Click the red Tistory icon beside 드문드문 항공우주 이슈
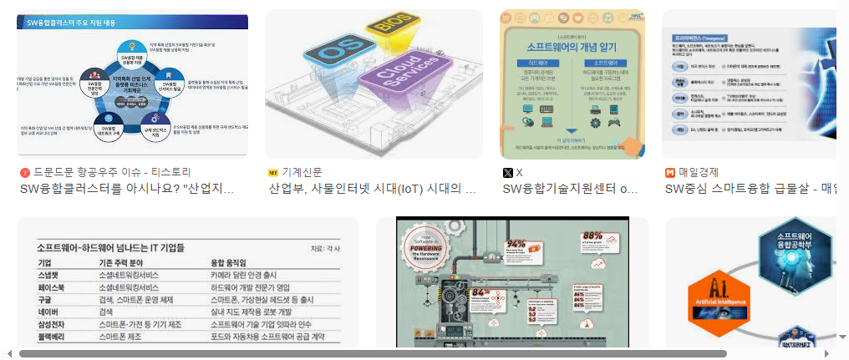[x=24, y=172]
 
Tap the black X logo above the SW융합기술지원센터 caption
[x=506, y=172]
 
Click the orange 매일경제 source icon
[x=669, y=172]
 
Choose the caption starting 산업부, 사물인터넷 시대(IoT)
[x=372, y=189]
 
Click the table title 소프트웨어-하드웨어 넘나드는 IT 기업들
[x=110, y=248]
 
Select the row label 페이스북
[x=53, y=286]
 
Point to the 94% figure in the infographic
[x=515, y=246]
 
